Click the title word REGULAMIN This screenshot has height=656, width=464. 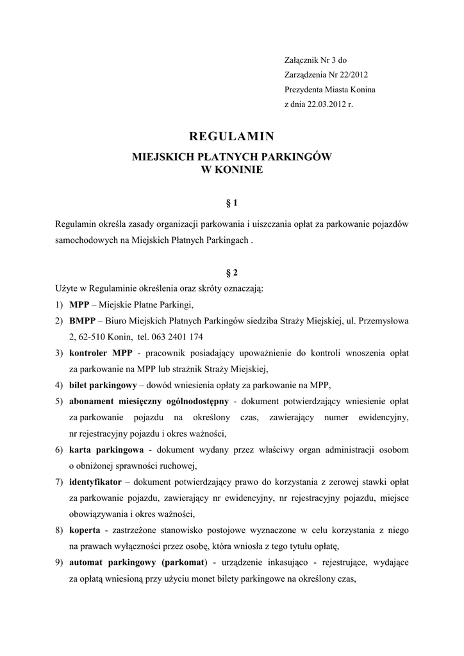click(x=232, y=136)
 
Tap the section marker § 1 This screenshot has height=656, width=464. click(x=232, y=203)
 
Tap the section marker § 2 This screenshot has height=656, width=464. click(x=232, y=272)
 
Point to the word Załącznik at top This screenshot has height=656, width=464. click(x=301, y=60)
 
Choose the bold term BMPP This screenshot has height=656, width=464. click(x=82, y=320)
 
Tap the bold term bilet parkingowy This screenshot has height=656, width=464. click(x=103, y=385)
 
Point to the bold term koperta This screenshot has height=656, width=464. click(x=84, y=530)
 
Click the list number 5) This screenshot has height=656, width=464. click(x=58, y=402)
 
